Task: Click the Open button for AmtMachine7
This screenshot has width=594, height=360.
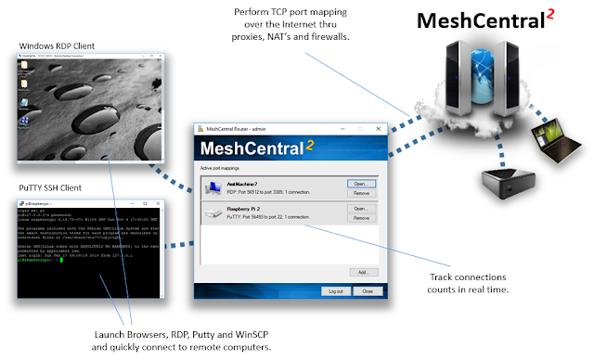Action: click(361, 184)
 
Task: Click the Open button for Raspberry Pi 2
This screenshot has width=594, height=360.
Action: click(361, 209)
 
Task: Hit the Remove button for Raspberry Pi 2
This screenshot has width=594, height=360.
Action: click(361, 219)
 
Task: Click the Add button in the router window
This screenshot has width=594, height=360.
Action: click(362, 272)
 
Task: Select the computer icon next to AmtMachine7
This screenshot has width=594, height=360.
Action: click(212, 188)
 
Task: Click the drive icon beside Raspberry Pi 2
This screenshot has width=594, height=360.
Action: click(212, 214)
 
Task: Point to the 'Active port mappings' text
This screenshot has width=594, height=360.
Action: click(220, 170)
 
